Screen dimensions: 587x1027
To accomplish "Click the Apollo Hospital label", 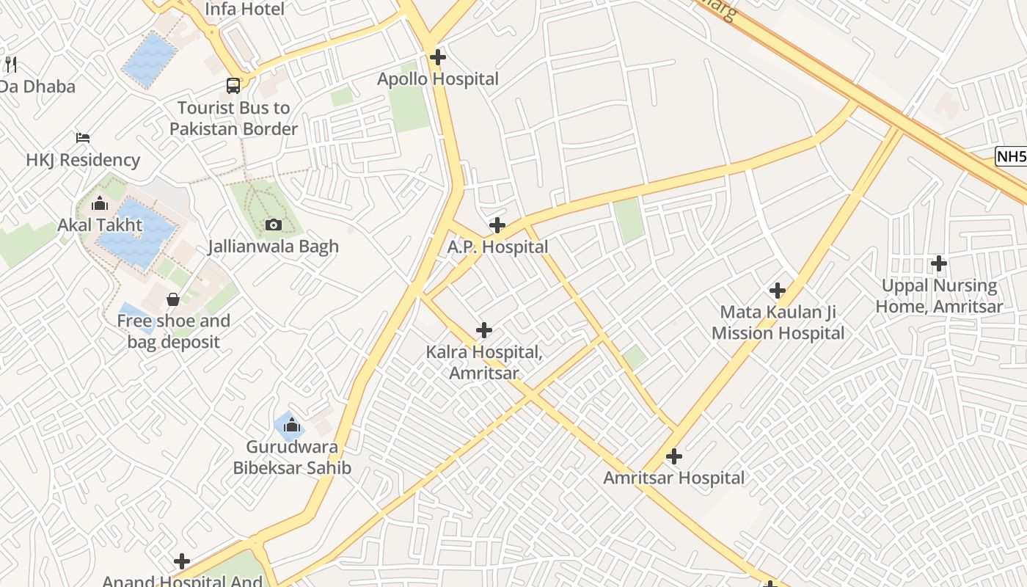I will [x=438, y=79].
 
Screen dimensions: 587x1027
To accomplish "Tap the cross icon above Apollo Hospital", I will [x=438, y=56].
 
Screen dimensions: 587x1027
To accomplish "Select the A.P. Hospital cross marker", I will [x=497, y=225].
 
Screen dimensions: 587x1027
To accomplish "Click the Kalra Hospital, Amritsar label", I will [x=484, y=362].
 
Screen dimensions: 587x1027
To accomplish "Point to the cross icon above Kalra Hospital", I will [x=484, y=330].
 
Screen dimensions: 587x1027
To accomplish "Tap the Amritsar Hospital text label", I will [x=673, y=478].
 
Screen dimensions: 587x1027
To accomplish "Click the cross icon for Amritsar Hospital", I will [x=673, y=456].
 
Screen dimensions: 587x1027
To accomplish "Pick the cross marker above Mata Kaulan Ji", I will [x=778, y=291].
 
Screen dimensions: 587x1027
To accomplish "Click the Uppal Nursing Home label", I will [x=939, y=296].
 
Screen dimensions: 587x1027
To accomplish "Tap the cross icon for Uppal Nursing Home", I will [x=939, y=263].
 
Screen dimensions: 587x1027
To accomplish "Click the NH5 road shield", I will [x=1011, y=156].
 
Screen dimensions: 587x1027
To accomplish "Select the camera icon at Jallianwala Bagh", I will [x=273, y=225].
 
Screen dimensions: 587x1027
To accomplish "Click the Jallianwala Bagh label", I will [x=273, y=247].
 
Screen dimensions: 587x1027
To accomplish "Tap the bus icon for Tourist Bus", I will [x=233, y=86].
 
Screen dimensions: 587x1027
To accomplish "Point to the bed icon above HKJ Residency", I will [x=83, y=138].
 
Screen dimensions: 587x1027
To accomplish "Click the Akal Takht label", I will [x=100, y=225].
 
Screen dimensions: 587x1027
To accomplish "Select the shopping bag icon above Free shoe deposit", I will [x=173, y=299].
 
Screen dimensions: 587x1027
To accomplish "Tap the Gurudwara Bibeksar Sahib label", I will [x=292, y=457].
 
